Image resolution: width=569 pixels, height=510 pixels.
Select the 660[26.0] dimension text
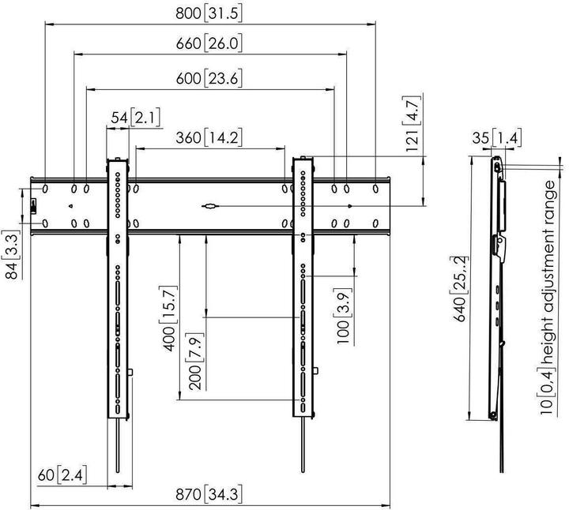209,45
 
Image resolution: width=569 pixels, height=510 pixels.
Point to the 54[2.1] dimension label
135,118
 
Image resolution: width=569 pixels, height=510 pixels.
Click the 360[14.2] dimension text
209,137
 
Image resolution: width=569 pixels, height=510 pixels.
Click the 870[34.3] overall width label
209,495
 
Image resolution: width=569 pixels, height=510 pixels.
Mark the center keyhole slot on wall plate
210,208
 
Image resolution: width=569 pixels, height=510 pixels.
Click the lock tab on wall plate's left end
33,207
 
